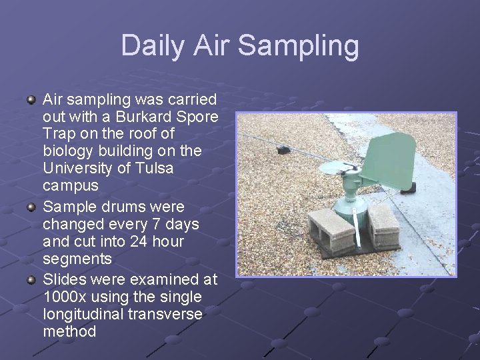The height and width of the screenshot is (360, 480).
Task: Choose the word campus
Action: [x=70, y=185]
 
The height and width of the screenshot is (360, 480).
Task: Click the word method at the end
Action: [x=69, y=331]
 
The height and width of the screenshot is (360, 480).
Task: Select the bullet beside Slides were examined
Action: [x=31, y=279]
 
